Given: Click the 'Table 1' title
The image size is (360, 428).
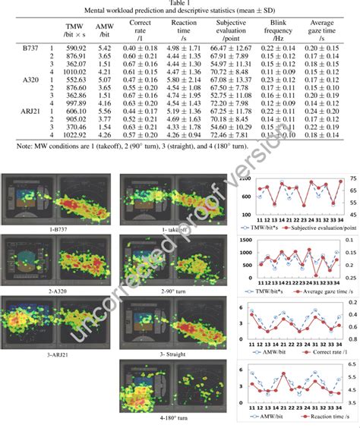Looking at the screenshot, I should click(180, 5).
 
